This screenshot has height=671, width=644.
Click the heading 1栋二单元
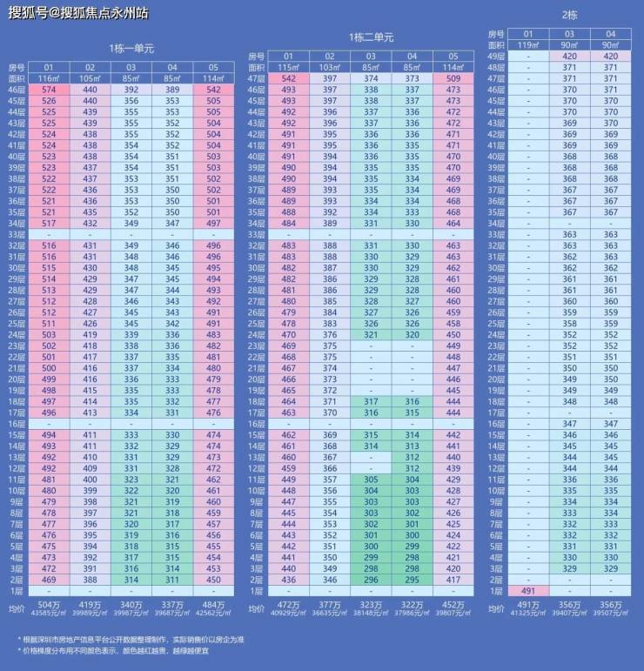tap(372, 37)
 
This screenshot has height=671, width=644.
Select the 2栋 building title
tap(570, 16)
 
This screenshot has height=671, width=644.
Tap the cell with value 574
tap(49, 90)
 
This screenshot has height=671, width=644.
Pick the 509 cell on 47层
tap(453, 78)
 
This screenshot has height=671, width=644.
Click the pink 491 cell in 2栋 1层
tap(524, 590)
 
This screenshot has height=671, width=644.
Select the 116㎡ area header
tap(49, 78)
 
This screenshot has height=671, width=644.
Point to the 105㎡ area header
tap(90, 78)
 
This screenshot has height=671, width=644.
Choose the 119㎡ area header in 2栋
tap(524, 44)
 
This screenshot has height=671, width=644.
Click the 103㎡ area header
tap(329, 67)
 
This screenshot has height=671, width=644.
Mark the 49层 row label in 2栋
tap(496, 56)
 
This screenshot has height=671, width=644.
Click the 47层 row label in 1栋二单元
tap(257, 78)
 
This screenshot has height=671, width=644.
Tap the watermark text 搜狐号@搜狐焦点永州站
tap(78, 13)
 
